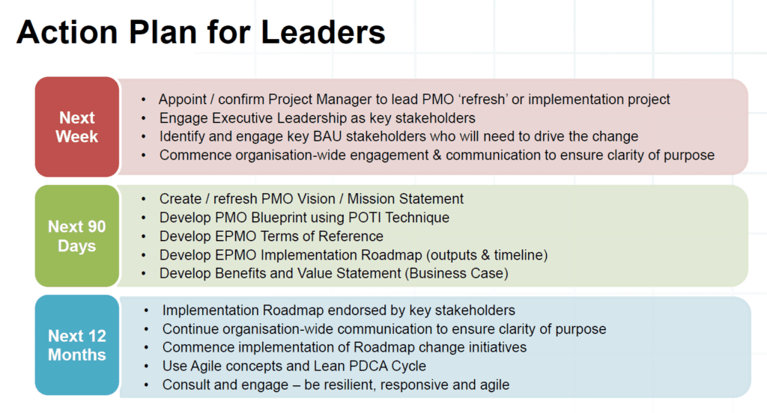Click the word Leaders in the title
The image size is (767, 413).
click(x=323, y=32)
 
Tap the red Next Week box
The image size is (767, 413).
click(x=77, y=126)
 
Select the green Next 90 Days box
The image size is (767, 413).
click(x=77, y=236)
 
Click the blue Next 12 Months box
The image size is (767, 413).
click(x=77, y=345)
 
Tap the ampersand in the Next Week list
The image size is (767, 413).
click(x=437, y=155)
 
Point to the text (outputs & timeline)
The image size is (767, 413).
click(x=486, y=255)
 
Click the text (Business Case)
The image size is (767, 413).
click(x=456, y=273)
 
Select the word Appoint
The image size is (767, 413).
click(x=183, y=100)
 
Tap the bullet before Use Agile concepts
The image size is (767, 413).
click(x=146, y=366)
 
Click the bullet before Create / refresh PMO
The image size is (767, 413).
click(x=143, y=199)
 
